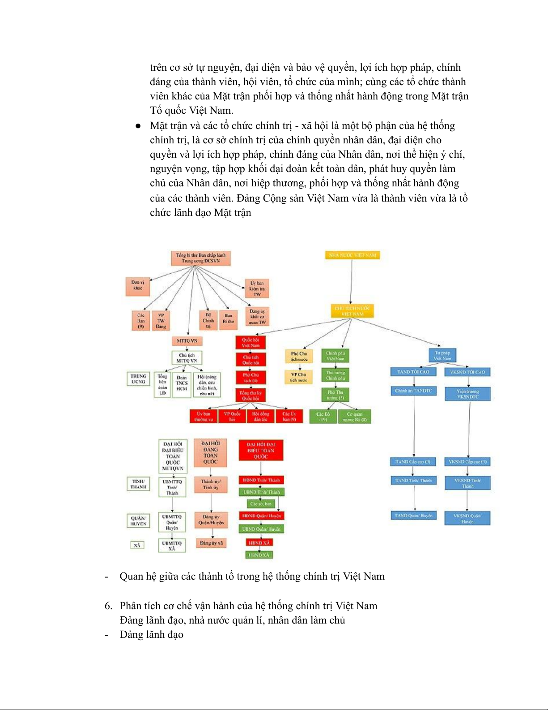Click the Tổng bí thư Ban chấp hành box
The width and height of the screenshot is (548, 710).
tap(200, 258)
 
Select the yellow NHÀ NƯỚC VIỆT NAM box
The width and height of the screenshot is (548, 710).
tap(352, 255)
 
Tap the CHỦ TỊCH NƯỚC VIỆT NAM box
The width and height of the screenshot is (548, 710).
tap(353, 311)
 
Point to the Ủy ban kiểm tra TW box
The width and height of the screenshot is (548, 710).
tap(257, 288)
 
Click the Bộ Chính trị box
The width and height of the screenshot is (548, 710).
tap(208, 320)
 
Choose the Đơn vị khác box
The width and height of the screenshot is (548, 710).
tap(137, 285)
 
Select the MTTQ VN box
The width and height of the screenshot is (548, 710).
tap(187, 341)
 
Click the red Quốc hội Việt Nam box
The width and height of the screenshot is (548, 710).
tap(251, 343)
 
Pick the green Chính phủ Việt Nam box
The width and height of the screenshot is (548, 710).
tap(335, 356)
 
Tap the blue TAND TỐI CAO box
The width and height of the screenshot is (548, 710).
tap(413, 372)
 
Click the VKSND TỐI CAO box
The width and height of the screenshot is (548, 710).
tap(467, 372)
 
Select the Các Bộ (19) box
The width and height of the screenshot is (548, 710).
tap(323, 417)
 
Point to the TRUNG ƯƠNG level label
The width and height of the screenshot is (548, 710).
tap(138, 379)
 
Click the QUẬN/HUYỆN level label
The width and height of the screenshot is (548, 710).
tap(138, 521)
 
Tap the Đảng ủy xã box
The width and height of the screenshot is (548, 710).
tap(211, 543)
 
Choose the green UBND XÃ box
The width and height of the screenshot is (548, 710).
tap(259, 555)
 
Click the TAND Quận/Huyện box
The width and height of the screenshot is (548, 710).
tap(413, 516)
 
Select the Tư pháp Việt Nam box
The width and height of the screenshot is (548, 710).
tap(442, 356)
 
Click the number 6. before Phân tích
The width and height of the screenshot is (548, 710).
tap(109, 606)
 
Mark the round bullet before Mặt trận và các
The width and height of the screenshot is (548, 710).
tap(138, 126)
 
